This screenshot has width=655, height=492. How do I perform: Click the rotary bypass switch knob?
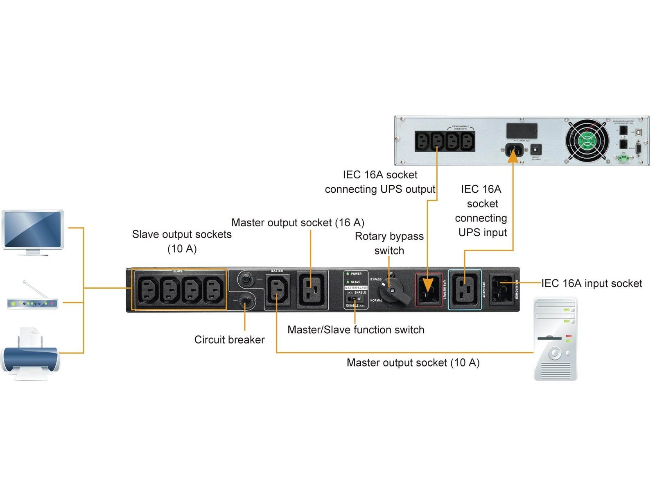(x=393, y=291)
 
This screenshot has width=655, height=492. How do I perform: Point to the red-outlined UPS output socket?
(x=428, y=289)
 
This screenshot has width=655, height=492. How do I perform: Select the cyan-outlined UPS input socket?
(x=465, y=289)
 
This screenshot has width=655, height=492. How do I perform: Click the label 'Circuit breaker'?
(x=229, y=340)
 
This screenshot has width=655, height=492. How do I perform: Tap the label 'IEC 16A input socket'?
(x=592, y=283)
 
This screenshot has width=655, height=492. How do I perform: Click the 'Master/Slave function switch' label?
(x=356, y=330)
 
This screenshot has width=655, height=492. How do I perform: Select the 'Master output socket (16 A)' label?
(x=298, y=223)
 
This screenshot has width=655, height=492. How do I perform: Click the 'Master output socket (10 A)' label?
(x=413, y=363)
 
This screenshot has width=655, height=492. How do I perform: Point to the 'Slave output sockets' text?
(x=182, y=235)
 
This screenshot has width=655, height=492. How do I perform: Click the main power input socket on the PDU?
(x=501, y=289)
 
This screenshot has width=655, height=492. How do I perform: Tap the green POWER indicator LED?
(x=347, y=274)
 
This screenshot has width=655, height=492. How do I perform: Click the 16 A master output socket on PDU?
(x=312, y=289)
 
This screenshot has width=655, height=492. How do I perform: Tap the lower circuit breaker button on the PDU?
(x=245, y=301)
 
